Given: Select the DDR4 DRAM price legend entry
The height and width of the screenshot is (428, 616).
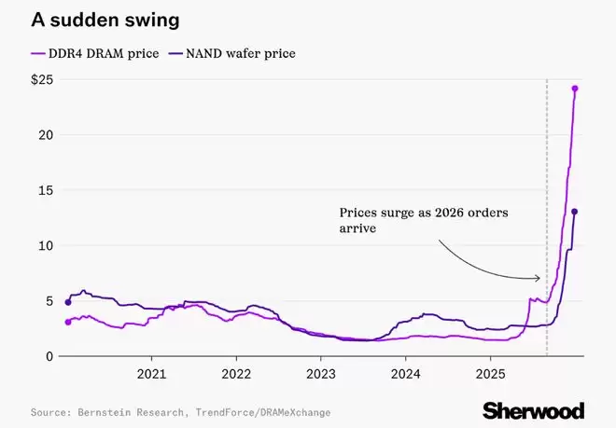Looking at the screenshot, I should coord(90,53).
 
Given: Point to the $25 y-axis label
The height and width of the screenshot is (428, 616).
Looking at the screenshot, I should coord(40,80).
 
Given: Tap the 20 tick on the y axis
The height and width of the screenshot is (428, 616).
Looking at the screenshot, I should coord(44,135).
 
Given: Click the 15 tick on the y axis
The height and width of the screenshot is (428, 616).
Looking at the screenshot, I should coord(44,190).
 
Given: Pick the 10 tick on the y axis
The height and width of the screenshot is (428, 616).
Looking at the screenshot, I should coord(44,245).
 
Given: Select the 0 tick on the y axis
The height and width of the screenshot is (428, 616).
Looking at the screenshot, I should coord(48,356).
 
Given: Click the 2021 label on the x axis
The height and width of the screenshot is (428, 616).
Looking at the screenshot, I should coord(151,374).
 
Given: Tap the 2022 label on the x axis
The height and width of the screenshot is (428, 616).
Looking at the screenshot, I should coord(236,374).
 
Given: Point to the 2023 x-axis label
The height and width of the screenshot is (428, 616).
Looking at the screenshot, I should coord(320,374).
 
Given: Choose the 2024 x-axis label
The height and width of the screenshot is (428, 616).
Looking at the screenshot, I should coord(405,374).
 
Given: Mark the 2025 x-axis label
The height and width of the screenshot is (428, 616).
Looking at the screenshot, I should coord(490,374).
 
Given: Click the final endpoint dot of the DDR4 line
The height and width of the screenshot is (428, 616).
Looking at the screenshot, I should coord(575,89).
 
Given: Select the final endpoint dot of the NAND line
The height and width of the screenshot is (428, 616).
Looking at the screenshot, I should coord(574,212).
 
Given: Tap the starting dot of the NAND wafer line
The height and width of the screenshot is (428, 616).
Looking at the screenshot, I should coord(67,302).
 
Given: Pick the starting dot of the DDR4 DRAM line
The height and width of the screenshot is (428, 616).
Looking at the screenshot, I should coord(67,322).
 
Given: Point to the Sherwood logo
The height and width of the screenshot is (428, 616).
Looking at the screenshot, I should coord(533,410).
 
